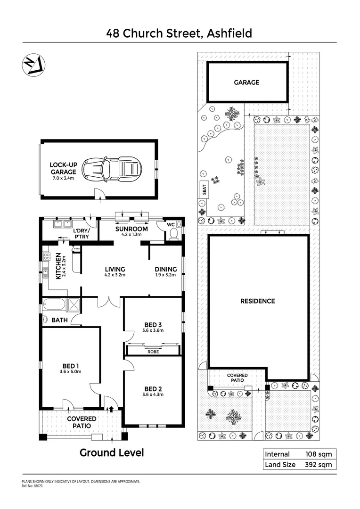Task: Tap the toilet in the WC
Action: [x=174, y=233]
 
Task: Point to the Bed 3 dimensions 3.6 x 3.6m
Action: [x=153, y=330]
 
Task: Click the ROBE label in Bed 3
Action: [x=153, y=352]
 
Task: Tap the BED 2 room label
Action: [x=153, y=389]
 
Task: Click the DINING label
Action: [x=165, y=270]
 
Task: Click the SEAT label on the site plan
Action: [x=205, y=189]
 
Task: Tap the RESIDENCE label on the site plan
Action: [x=258, y=301]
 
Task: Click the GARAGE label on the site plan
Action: [x=246, y=82]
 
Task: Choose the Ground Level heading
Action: [x=112, y=453]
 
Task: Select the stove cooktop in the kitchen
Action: [x=47, y=257]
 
